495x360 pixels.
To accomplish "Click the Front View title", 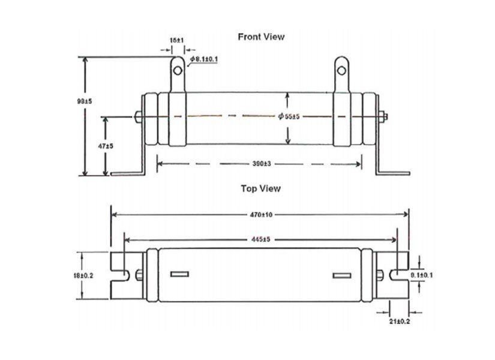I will (x=261, y=37).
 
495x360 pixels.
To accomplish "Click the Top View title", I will (x=260, y=188).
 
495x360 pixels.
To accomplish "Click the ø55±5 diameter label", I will (x=289, y=116).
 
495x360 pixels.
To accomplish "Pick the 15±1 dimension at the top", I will (x=176, y=40).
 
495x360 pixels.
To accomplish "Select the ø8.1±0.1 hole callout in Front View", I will (x=205, y=59).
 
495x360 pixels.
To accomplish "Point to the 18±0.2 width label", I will (x=84, y=275).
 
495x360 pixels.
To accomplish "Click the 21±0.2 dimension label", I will (x=400, y=322).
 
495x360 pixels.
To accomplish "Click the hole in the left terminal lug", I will (x=178, y=71).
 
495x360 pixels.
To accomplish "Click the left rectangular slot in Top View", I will (x=179, y=275).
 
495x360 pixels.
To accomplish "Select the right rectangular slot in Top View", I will (x=341, y=275).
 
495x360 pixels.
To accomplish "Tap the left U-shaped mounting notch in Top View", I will (x=121, y=275).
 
